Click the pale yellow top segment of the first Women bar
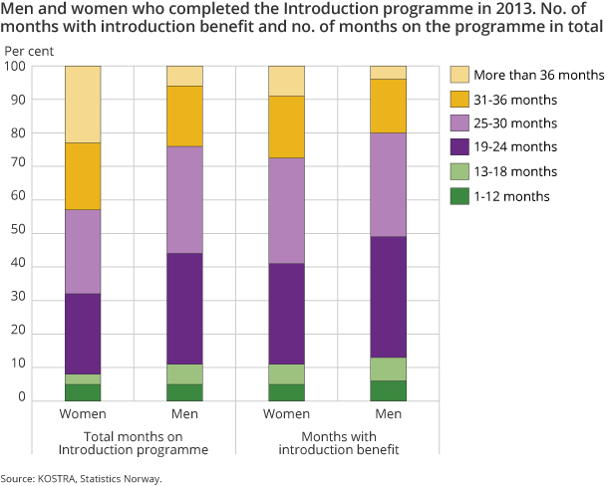[x=83, y=105]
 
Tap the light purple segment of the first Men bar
[x=184, y=200]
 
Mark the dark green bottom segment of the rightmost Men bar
[x=388, y=390]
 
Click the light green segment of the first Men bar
[x=184, y=374]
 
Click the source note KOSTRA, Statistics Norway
[x=81, y=479]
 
